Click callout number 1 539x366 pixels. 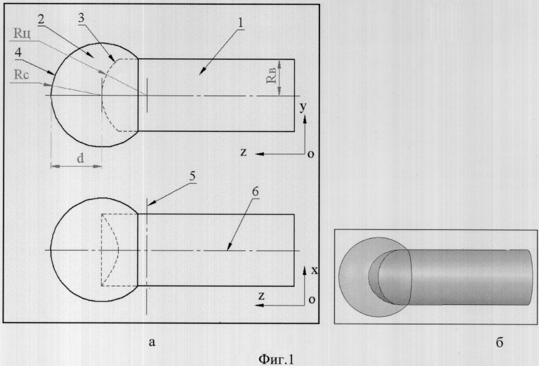(x=240, y=23)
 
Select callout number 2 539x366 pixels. (x=41, y=19)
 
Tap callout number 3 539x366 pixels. (x=81, y=18)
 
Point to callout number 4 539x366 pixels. (x=19, y=52)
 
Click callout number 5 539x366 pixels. (x=192, y=176)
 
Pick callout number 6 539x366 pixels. (x=255, y=192)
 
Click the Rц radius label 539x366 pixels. (x=22, y=33)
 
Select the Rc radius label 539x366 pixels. (x=21, y=74)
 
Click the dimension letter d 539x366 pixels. (x=80, y=158)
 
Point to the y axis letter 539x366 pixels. (x=302, y=107)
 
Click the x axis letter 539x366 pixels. (x=314, y=270)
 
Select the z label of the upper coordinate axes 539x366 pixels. (x=244, y=152)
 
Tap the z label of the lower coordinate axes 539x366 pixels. (x=262, y=296)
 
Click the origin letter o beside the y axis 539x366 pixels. (x=311, y=154)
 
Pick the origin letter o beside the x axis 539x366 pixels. (x=312, y=300)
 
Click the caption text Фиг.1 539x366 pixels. (x=277, y=359)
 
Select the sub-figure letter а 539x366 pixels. (x=152, y=342)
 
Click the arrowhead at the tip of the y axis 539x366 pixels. (x=305, y=119)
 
